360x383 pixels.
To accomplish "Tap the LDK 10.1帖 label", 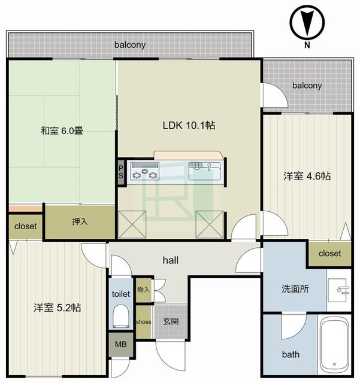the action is pos(189,125).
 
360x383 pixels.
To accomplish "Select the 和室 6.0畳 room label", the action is pos(62,130).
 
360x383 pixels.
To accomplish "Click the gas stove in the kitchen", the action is pos(145,171).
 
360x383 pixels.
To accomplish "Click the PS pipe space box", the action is pos(121,172).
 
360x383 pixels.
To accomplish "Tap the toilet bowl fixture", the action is pos(121,316).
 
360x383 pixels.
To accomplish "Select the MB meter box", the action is pos(121,345).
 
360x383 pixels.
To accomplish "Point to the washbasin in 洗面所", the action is pos(338,290).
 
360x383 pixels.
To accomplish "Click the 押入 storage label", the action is pos(80,221).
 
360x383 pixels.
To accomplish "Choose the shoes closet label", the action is pos(144,322).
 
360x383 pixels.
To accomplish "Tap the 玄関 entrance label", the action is pos(171,321).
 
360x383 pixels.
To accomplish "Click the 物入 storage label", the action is pos(143,290).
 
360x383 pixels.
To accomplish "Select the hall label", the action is pos(171,260).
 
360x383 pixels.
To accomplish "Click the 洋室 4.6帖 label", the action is pos(307,176).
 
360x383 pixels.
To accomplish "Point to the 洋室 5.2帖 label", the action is pos(58,308).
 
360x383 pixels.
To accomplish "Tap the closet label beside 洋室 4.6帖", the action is pos(329,253).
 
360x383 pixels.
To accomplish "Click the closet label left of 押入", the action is pos(25,226).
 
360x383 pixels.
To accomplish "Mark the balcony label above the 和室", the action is pos(130,45).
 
